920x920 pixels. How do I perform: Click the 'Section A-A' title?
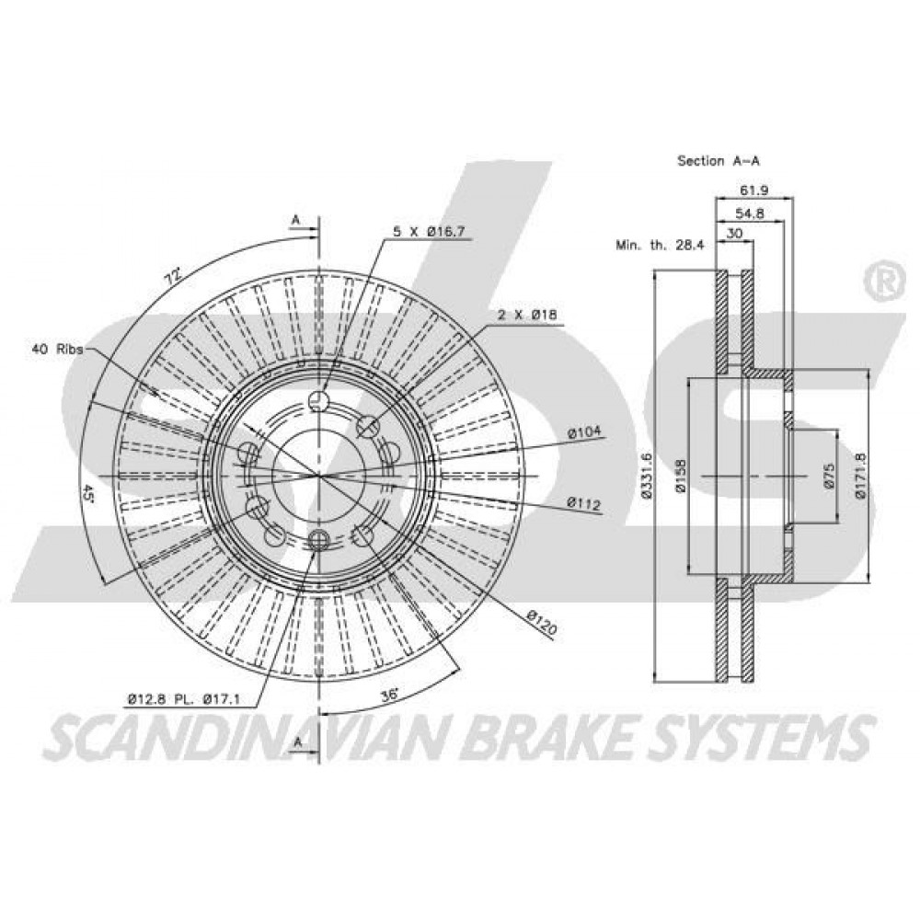[719, 160]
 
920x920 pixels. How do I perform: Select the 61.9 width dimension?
[754, 190]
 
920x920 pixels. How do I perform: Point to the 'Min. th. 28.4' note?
[660, 245]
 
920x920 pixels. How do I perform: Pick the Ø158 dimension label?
[681, 476]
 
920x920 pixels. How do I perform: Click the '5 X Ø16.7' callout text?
[429, 231]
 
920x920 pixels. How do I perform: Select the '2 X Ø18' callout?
[527, 315]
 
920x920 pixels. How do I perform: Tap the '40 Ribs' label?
[56, 349]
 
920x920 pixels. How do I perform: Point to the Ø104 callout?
[584, 432]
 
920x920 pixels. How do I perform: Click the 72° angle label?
[171, 276]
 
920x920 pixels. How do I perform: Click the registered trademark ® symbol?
[882, 282]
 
